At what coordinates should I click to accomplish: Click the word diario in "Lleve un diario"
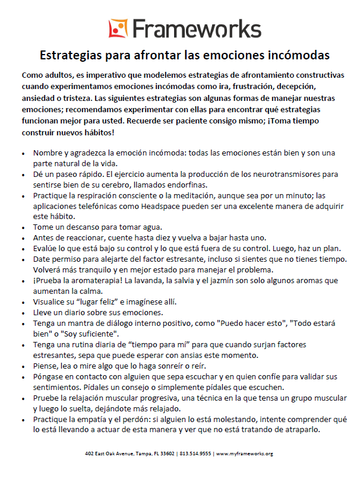[x=75, y=312]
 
